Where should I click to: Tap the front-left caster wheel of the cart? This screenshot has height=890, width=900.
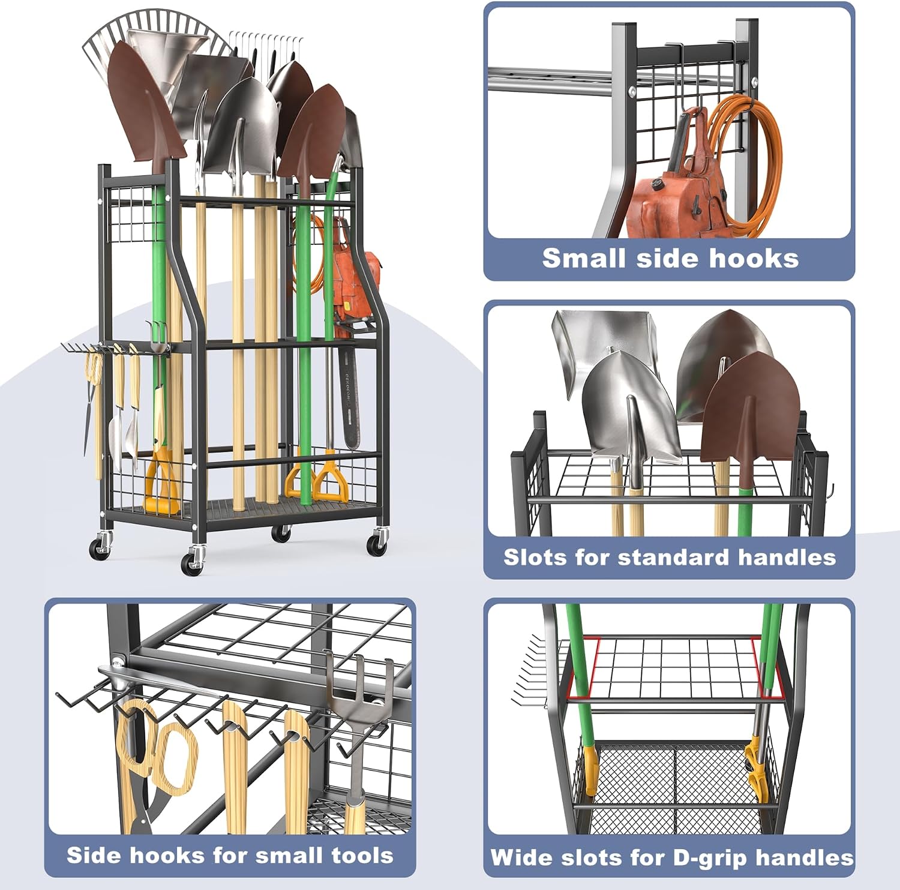[x=191, y=564]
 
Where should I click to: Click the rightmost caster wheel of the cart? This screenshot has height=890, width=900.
[x=377, y=544]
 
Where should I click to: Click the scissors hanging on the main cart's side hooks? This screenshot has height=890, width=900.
[x=93, y=408]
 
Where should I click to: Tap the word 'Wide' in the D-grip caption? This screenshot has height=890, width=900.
[x=517, y=857]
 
